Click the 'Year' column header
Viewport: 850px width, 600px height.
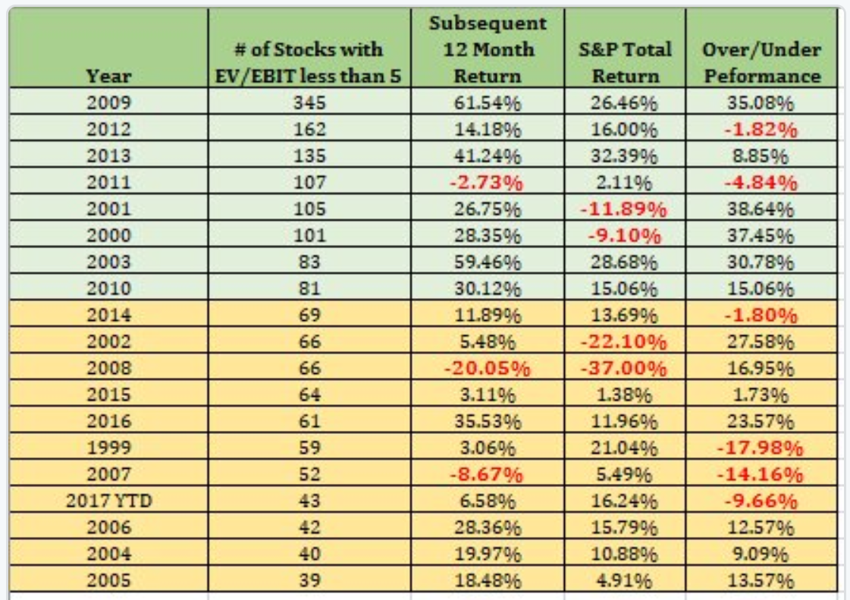(x=107, y=76)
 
